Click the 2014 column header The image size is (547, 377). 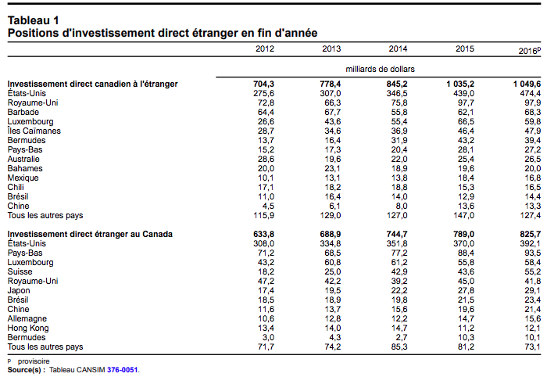point(398,48)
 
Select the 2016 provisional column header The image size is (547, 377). point(530,51)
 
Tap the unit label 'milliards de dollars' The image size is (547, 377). point(380,69)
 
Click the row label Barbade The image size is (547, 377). point(23,112)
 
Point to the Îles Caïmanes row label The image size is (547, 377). point(34,131)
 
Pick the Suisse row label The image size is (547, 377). point(20,271)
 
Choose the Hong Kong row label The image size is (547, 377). point(28,329)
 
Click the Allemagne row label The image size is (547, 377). point(27,318)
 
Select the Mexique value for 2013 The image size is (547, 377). point(333,178)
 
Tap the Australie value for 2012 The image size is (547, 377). point(266,160)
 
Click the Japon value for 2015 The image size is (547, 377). point(466,290)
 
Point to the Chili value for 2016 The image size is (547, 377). point(533,188)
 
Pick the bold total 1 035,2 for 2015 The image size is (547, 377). point(460,84)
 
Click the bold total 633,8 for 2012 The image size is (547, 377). point(264,234)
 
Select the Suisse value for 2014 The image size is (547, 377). point(399,271)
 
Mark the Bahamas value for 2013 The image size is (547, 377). point(333,169)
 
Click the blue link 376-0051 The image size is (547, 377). point(123,370)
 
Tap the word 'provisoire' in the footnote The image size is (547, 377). point(34,361)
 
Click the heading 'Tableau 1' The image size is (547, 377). point(33,20)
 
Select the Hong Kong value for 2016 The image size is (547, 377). point(533,329)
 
